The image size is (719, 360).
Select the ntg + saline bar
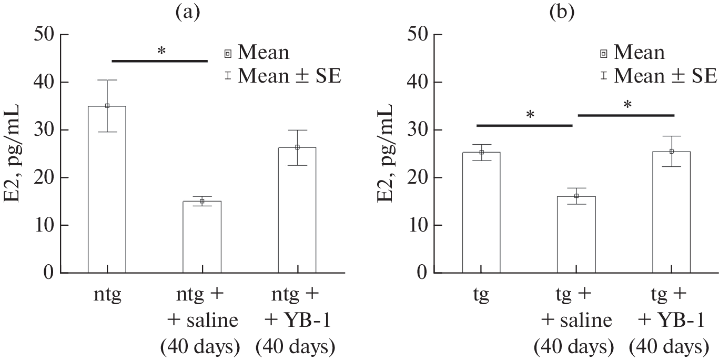click(201, 237)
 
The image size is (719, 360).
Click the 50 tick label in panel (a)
click(44, 35)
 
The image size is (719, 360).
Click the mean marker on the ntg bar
click(107, 106)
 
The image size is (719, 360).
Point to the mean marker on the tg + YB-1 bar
click(671, 152)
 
